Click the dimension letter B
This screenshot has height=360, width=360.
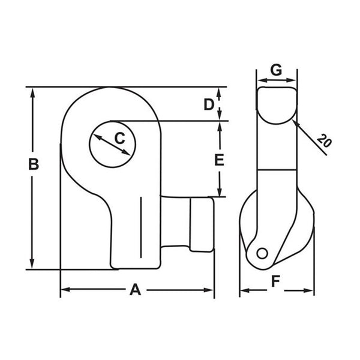pyautogui.click(x=34, y=164)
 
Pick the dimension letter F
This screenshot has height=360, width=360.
pyautogui.click(x=275, y=280)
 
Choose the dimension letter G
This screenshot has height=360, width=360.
pyautogui.click(x=276, y=70)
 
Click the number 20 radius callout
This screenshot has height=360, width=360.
pyautogui.click(x=324, y=142)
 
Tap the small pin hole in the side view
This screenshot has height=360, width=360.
pyautogui.click(x=262, y=253)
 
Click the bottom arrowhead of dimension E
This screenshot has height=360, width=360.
pyautogui.click(x=220, y=193)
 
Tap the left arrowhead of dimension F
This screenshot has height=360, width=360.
pyautogui.click(x=243, y=292)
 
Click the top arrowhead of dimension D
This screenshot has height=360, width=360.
pyautogui.click(x=220, y=91)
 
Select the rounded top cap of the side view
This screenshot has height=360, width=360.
pyautogui.click(x=277, y=104)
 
